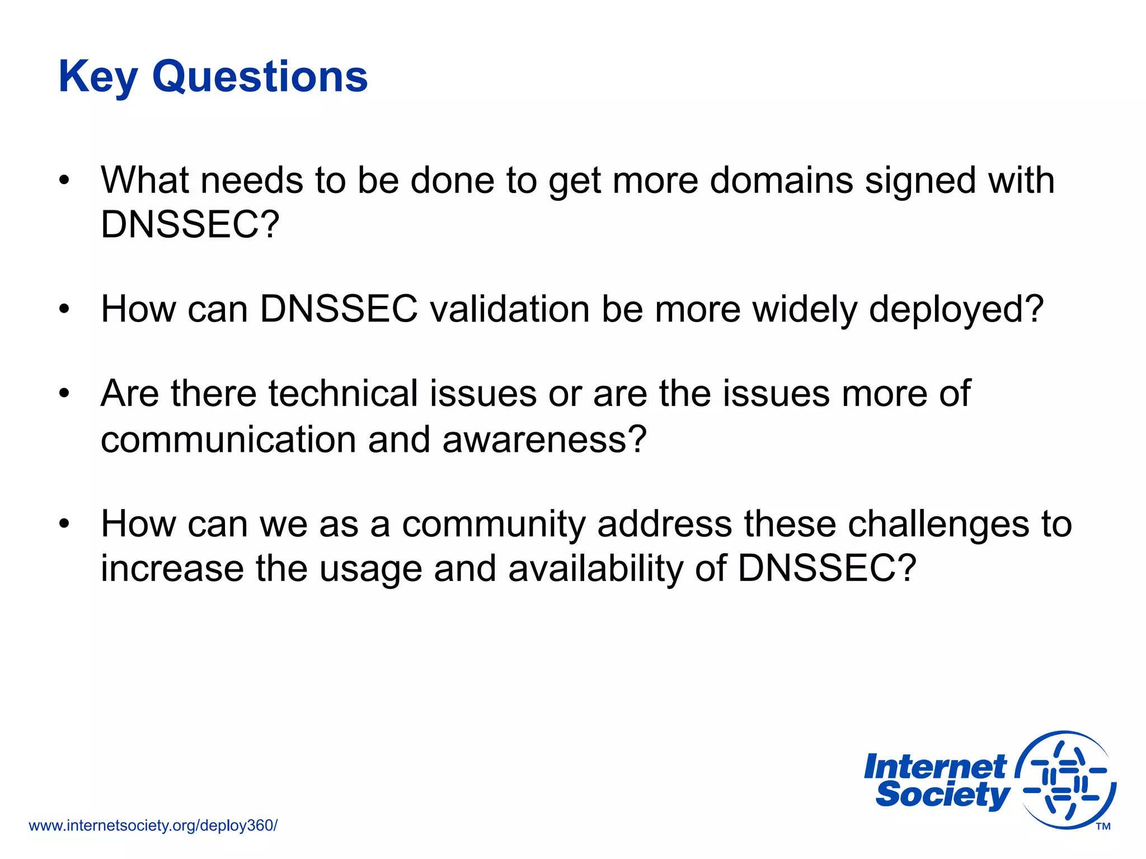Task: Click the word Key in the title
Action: (x=98, y=77)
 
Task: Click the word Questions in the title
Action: (x=260, y=77)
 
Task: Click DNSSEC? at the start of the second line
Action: (x=190, y=225)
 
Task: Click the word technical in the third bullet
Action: (x=343, y=394)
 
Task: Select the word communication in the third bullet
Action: (x=228, y=440)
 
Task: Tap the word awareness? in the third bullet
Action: (x=544, y=440)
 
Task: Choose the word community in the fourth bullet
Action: (x=493, y=525)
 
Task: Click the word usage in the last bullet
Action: (x=370, y=569)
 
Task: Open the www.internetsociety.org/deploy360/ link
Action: (x=153, y=825)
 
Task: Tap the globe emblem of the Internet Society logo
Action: (x=1065, y=780)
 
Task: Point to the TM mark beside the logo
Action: (x=1103, y=827)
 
